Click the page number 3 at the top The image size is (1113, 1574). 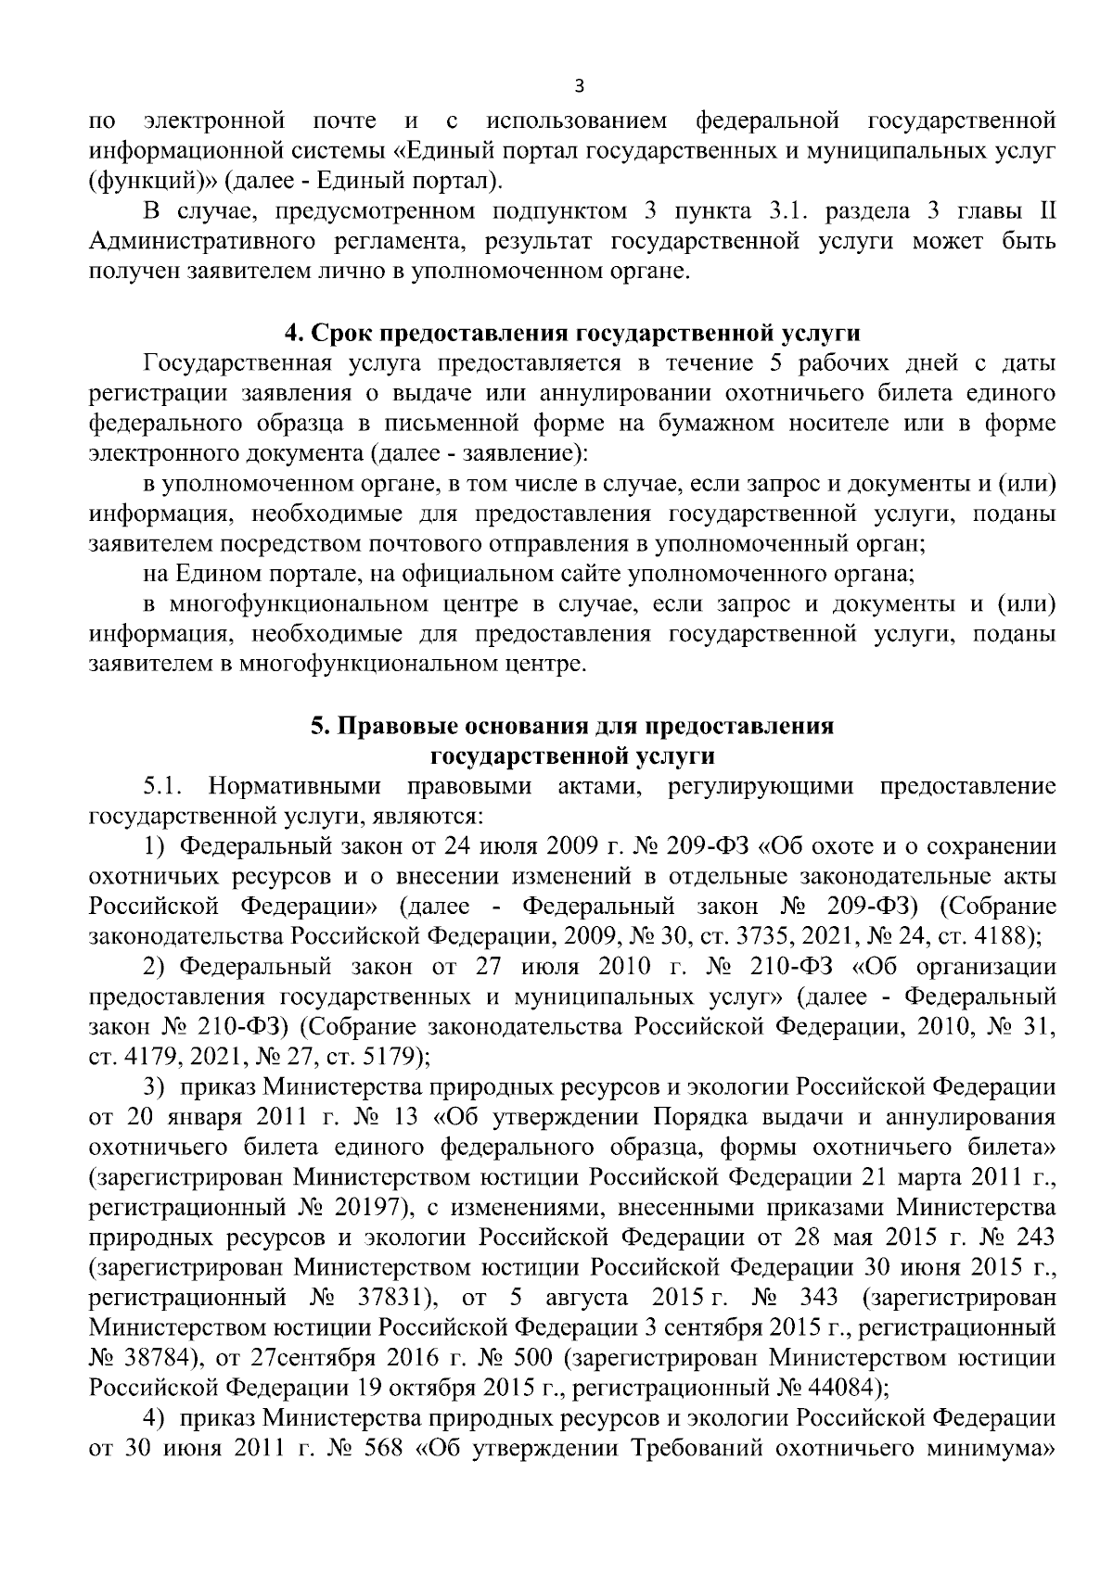click(580, 86)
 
